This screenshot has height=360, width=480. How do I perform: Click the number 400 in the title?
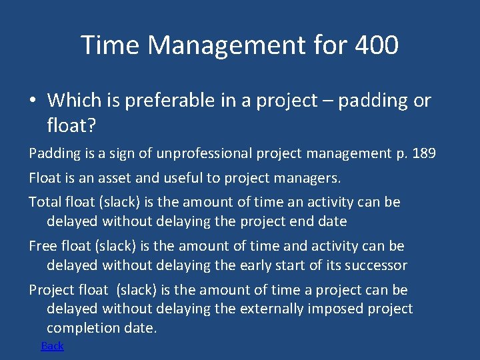pos(376,45)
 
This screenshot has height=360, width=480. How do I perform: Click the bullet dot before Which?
pos(33,101)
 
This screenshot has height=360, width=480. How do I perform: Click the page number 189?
pos(424,153)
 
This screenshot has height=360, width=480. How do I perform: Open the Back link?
pos(53,345)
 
